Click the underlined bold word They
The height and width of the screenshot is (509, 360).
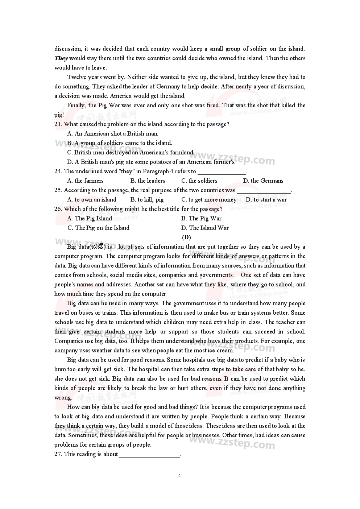[61, 58]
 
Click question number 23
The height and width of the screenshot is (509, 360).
[58, 124]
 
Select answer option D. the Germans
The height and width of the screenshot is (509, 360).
[263, 181]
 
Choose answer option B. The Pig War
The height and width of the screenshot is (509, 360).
[201, 219]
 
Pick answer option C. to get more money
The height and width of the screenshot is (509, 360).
[209, 200]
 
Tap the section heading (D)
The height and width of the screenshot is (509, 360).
[186, 237]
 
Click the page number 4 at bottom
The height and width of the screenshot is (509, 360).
[179, 476]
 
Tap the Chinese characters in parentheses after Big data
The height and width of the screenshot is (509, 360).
[97, 247]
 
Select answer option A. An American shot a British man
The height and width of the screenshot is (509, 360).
[113, 134]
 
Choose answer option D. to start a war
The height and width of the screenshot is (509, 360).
[266, 200]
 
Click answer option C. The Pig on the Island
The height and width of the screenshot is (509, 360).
[98, 228]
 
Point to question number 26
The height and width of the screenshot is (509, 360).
[58, 209]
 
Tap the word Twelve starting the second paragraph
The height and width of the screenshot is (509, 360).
[76, 77]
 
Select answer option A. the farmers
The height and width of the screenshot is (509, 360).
[85, 181]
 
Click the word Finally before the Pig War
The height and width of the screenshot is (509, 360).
[76, 105]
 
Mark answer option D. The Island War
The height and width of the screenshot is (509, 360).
[205, 228]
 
